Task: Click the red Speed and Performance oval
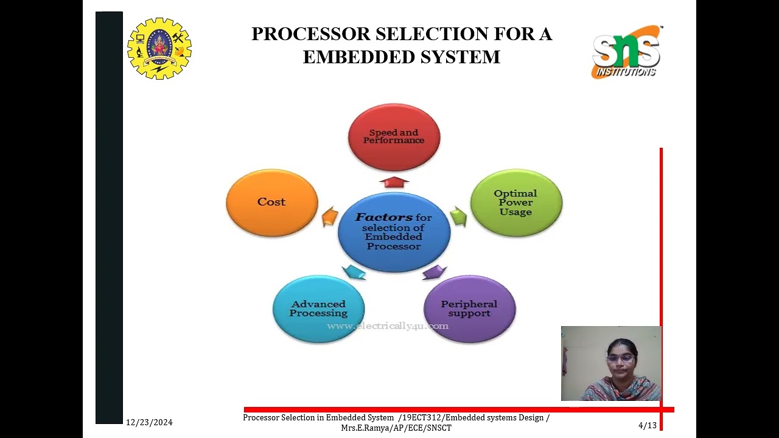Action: coord(394,137)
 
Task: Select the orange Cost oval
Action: coord(271,203)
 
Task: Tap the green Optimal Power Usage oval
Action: coord(516,203)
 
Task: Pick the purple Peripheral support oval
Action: coord(469,309)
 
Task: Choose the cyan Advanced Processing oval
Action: coord(318,309)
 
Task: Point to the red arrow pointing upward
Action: coord(394,181)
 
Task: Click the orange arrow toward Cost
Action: coord(330,216)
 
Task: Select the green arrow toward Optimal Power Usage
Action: coord(458,216)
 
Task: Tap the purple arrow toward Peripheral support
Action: coord(435,271)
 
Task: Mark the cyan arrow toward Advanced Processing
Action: coord(354,272)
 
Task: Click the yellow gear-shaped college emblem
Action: coord(159,49)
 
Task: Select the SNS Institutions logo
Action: coord(626,52)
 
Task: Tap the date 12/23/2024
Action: coord(149,422)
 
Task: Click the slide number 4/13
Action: coord(648,425)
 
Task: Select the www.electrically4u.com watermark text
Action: coord(388,326)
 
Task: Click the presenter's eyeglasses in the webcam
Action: coord(620,358)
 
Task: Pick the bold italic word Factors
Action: coord(384,217)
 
